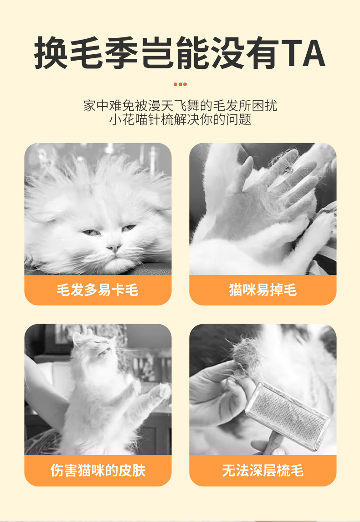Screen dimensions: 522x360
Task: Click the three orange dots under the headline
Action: click(x=180, y=84)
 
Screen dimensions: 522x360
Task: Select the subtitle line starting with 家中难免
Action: click(x=180, y=106)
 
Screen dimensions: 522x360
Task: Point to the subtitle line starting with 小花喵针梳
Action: click(x=180, y=120)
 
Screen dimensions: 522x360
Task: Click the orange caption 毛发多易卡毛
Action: click(x=98, y=289)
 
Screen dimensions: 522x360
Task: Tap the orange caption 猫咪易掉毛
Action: click(x=262, y=289)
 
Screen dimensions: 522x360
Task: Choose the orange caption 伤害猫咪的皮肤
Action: click(x=98, y=470)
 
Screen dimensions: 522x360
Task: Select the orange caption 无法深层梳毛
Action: click(x=262, y=470)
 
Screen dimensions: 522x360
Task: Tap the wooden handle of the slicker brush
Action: click(x=273, y=444)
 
